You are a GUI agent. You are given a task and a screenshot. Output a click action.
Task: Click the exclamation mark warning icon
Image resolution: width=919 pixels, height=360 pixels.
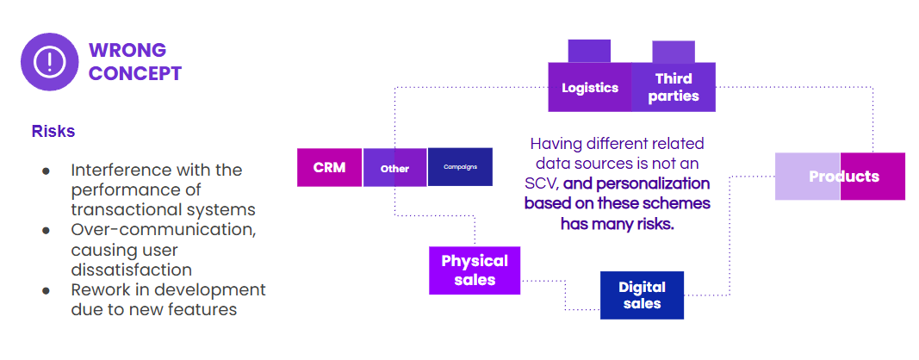coord(50,61)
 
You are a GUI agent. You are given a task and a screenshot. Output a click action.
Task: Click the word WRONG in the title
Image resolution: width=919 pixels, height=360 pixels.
coord(127,50)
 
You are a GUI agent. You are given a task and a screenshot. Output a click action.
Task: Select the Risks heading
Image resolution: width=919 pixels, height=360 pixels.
coord(53,131)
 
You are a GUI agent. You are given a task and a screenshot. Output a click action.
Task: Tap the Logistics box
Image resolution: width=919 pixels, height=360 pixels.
coord(589,87)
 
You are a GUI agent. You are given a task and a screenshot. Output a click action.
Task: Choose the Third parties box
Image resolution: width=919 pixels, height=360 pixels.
coord(673,87)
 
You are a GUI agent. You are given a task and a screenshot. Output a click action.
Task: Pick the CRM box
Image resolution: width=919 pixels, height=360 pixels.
coord(329,167)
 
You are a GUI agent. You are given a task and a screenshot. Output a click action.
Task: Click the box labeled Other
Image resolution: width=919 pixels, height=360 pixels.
coord(394,168)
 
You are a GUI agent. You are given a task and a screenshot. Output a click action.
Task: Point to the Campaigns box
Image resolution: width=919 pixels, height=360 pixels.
coord(460,167)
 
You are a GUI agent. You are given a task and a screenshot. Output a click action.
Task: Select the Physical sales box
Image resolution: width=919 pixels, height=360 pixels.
coord(475,270)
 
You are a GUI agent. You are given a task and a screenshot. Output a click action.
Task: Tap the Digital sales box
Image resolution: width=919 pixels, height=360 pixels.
coord(641,295)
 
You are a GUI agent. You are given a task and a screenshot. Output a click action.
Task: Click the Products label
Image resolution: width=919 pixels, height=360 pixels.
coord(843,177)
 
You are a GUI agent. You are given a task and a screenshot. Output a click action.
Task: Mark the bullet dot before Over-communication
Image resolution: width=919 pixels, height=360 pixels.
coord(46,230)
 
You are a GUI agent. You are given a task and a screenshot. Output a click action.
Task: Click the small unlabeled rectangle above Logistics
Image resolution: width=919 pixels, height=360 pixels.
coord(589,50)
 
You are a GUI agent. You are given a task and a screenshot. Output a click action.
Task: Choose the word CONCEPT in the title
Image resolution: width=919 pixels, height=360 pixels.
coord(135,73)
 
